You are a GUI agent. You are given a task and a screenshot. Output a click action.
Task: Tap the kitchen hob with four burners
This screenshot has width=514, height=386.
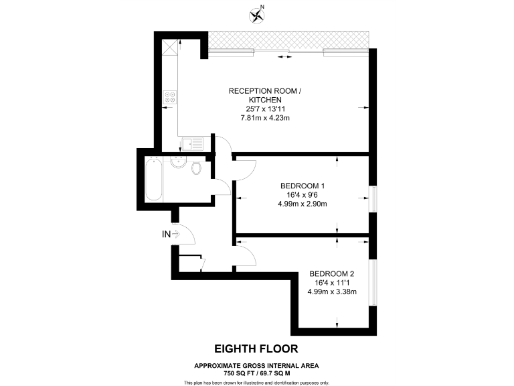(x=169, y=97)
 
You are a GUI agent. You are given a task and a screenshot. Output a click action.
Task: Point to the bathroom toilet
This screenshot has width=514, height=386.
(x=195, y=168)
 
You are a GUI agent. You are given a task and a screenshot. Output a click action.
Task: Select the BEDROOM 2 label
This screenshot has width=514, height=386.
(x=331, y=273)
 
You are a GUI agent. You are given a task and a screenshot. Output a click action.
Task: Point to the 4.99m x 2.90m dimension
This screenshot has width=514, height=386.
(x=302, y=204)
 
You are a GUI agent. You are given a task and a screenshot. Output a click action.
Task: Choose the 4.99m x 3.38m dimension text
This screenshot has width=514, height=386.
(x=331, y=292)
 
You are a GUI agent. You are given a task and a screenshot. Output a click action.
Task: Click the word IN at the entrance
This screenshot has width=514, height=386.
(x=166, y=234)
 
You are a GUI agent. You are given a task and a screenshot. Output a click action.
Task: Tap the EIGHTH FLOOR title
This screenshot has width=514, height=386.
(x=256, y=348)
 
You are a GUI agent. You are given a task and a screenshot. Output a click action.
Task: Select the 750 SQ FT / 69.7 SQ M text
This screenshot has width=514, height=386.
(x=256, y=372)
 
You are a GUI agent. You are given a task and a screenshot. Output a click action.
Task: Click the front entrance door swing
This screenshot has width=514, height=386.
(x=185, y=235)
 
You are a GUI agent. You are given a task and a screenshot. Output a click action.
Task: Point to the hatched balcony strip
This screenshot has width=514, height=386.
(x=288, y=40)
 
